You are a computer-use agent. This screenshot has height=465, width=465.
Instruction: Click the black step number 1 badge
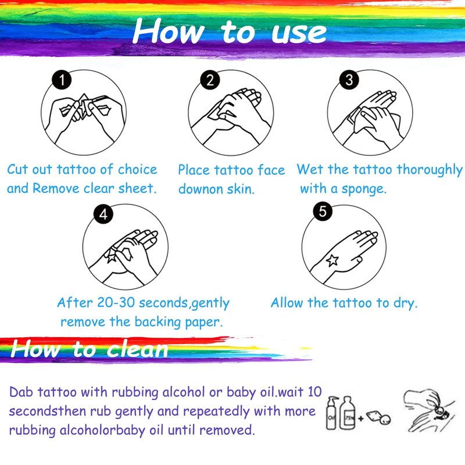click(62, 80)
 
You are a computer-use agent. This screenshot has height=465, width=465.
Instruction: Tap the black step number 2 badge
click(210, 80)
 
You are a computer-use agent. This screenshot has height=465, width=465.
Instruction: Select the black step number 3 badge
click(349, 80)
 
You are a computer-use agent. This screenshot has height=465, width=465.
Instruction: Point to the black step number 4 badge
click(103, 214)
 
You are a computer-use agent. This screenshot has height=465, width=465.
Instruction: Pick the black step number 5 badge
click(323, 211)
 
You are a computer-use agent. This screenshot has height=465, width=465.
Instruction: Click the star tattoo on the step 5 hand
click(332, 260)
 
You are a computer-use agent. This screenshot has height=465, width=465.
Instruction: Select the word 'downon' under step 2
click(201, 189)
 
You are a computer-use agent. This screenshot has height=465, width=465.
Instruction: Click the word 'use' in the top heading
click(299, 33)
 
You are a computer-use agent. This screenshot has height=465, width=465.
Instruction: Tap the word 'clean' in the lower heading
click(137, 349)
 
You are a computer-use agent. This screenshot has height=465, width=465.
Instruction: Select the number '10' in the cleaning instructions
click(314, 392)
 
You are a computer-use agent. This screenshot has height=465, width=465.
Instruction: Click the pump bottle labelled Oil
click(331, 413)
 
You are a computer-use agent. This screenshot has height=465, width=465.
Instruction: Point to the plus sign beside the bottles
click(361, 419)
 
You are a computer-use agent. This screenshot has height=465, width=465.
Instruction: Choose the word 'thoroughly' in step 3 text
click(430, 170)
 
